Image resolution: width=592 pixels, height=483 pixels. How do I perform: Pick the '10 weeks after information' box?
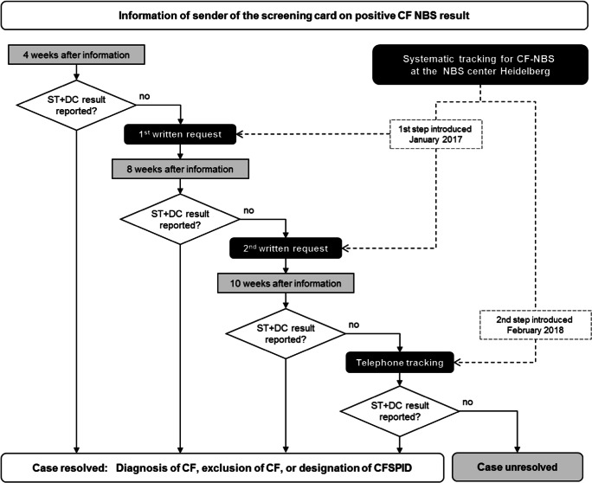285,283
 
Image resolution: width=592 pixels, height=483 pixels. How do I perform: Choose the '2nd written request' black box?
285,248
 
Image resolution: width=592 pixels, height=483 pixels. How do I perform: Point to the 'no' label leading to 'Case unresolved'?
468,401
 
